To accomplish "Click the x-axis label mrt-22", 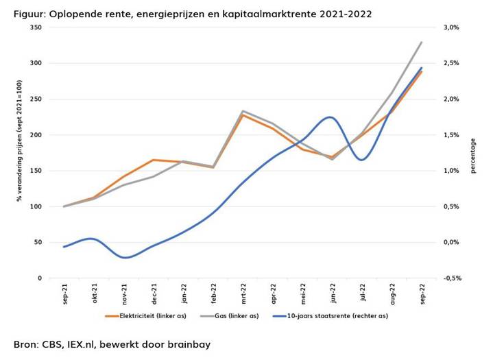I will click(243, 293).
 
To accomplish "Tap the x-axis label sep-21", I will click(65, 293).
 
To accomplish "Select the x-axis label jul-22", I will click(363, 293).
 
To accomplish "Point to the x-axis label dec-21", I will click(154, 293).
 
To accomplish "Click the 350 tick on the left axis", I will click(36, 27).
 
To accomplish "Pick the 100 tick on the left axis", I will click(36, 206).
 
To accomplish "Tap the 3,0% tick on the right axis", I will click(451, 27).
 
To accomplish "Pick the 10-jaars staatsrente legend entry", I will click(330, 316).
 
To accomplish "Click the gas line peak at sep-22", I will click(422, 43).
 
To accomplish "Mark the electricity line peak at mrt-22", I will click(243, 115).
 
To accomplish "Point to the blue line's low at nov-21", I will click(124, 258).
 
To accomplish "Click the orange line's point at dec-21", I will click(154, 160).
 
